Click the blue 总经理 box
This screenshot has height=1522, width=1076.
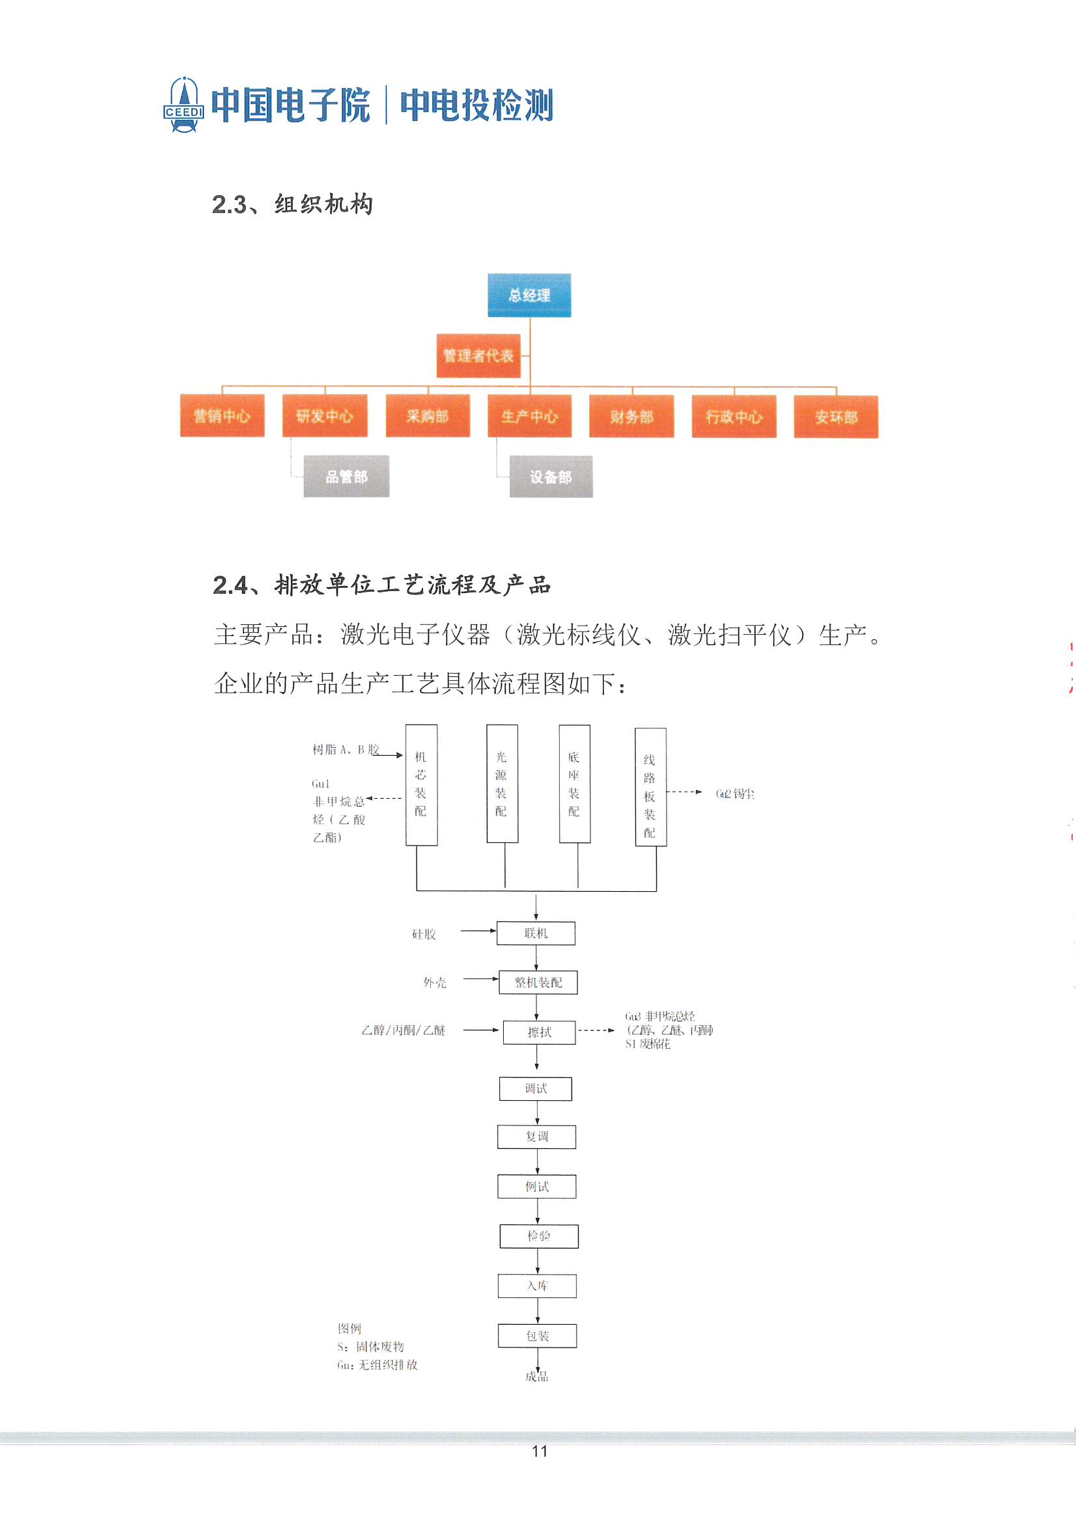tap(529, 295)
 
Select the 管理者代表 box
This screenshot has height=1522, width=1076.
tap(478, 356)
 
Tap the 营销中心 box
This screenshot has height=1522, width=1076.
tap(222, 415)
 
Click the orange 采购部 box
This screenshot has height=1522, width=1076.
tap(428, 415)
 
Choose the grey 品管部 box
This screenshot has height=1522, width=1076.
tap(346, 477)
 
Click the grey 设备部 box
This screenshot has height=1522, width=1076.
tap(551, 477)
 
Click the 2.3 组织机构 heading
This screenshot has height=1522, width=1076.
tap(292, 204)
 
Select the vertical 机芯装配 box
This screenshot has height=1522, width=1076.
tap(421, 784)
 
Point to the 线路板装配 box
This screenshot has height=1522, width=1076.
tap(650, 787)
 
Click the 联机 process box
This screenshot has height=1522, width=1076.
tap(536, 933)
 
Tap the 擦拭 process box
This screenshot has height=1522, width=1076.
tap(539, 1032)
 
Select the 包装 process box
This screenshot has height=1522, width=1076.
tap(537, 1336)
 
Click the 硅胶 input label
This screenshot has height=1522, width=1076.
tap(424, 934)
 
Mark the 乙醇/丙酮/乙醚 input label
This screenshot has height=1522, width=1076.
tap(403, 1030)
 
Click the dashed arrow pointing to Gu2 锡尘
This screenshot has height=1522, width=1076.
tap(684, 792)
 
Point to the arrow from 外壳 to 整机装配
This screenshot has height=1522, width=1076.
tap(480, 978)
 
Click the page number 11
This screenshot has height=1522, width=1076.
tap(539, 1451)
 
